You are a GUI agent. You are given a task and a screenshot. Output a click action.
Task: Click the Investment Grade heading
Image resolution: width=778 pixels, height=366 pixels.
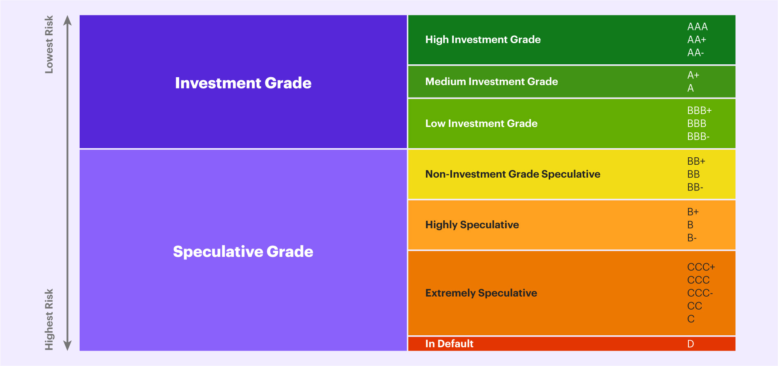point(243,83)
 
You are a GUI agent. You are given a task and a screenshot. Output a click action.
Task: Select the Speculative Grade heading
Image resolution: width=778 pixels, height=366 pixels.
point(243,251)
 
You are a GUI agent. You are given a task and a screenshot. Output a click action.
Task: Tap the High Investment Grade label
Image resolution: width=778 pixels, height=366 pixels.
point(483,39)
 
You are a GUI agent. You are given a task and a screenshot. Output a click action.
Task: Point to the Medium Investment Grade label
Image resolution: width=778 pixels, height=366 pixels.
point(491,81)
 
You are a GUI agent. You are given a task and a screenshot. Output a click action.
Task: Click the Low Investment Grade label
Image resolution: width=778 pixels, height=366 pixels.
point(481,123)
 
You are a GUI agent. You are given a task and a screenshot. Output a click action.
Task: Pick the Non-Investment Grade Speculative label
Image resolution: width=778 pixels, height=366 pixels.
point(513,174)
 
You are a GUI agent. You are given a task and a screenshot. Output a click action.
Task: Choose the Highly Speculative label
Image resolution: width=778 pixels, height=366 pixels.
point(472,224)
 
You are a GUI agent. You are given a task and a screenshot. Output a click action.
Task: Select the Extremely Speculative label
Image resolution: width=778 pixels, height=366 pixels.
point(481,293)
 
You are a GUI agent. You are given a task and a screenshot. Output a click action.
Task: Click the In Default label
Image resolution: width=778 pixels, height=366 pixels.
point(449,344)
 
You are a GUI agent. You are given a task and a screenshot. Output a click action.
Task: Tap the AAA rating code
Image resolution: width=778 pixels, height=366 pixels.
point(697,27)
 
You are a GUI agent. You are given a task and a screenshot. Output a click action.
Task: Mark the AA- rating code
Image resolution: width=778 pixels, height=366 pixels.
point(695,53)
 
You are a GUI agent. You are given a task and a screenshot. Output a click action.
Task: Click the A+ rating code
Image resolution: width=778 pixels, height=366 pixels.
point(693,75)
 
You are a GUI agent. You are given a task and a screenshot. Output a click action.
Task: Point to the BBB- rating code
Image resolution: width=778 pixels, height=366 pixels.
point(698,137)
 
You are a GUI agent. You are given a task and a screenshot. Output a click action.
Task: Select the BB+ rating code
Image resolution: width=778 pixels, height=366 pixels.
point(696,161)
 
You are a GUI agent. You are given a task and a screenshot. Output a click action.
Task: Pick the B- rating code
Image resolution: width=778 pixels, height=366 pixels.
point(692,238)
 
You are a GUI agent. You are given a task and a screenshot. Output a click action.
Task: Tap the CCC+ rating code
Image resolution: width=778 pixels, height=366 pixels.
point(701,267)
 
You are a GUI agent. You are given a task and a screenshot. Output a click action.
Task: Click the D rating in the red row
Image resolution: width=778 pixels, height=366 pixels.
point(690,344)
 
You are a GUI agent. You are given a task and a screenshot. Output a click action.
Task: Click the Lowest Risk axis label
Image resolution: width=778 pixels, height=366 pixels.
point(49,44)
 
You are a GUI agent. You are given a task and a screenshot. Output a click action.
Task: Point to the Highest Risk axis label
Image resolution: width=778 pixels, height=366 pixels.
point(49,320)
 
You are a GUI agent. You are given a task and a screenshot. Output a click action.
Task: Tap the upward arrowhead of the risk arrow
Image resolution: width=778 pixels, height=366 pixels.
point(68,20)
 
